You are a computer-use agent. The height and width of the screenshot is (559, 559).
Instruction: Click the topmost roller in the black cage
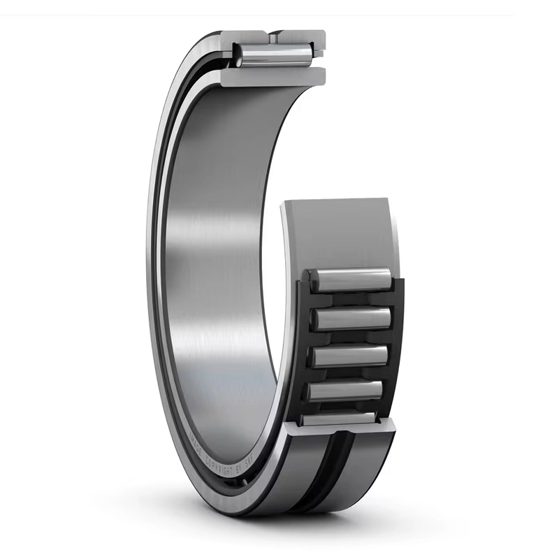[x=350, y=279]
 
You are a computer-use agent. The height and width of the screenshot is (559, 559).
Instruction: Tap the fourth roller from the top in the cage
[x=344, y=390]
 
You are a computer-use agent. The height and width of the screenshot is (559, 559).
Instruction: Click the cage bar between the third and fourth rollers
[x=347, y=373]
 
